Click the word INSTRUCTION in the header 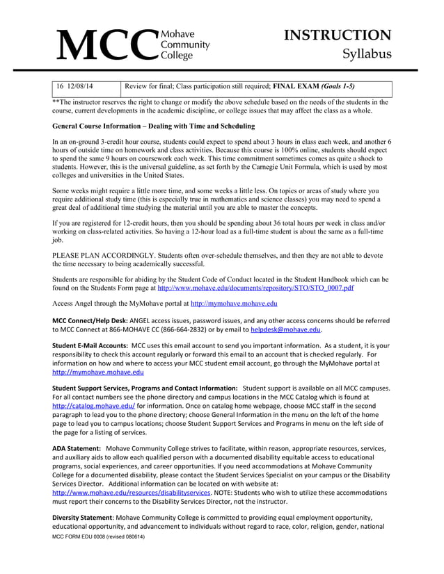pos(339,35)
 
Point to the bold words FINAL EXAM pos(295,87)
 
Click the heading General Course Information pos(144,126)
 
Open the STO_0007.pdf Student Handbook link pos(256,287)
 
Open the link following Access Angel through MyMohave pos(234,304)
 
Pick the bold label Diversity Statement pos(83,518)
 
